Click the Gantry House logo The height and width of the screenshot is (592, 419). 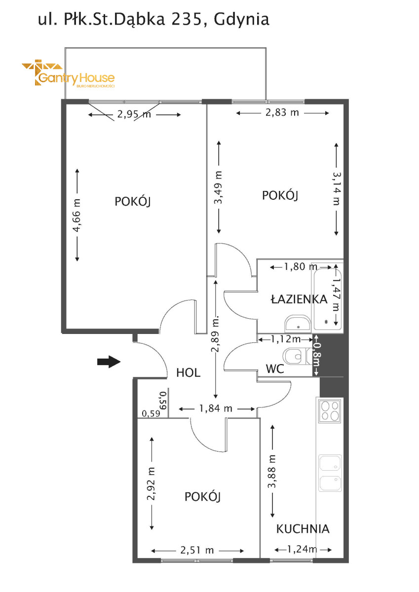pyautogui.click(x=68, y=73)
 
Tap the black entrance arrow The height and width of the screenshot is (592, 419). pyautogui.click(x=109, y=362)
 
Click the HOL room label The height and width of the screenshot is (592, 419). pyautogui.click(x=188, y=372)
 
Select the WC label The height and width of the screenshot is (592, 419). pyautogui.click(x=275, y=369)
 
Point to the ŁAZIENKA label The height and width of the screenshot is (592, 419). pyautogui.click(x=299, y=298)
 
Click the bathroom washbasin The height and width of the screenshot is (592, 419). pyautogui.click(x=298, y=324)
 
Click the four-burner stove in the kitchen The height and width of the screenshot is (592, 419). pyautogui.click(x=330, y=410)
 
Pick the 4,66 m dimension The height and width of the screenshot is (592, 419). pyautogui.click(x=77, y=215)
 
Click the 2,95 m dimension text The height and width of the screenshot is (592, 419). pyautogui.click(x=134, y=114)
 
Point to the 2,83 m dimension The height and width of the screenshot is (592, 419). pyautogui.click(x=282, y=113)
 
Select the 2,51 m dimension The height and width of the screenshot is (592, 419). pyautogui.click(x=197, y=550)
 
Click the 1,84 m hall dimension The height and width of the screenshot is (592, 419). pyautogui.click(x=216, y=408)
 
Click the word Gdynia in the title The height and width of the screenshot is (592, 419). pyautogui.click(x=242, y=20)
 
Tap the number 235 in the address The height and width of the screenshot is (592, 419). pyautogui.click(x=187, y=19)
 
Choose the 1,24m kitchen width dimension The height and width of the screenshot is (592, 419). pyautogui.click(x=303, y=550)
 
